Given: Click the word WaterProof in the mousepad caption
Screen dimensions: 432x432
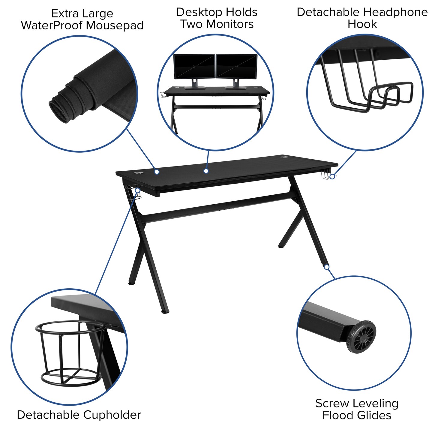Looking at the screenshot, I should click(x=51, y=25).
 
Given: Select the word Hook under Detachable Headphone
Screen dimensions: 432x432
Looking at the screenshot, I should click(x=362, y=24).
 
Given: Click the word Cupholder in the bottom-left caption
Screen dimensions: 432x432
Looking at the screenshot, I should click(x=112, y=415).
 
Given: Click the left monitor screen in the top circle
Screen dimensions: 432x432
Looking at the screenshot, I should click(x=194, y=67).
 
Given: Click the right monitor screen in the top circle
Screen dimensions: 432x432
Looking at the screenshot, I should click(x=236, y=67).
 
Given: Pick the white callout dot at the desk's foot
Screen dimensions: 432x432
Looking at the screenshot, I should click(x=327, y=267).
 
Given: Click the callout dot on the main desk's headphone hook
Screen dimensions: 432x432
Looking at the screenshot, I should click(x=332, y=176).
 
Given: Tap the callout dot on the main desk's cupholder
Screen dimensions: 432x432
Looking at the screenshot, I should click(x=137, y=190).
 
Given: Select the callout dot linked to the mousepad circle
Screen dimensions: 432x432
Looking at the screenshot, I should click(x=157, y=172).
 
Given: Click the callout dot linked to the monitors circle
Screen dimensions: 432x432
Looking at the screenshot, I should click(x=206, y=171).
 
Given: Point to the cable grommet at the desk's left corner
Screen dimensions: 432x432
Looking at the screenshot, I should click(x=139, y=173).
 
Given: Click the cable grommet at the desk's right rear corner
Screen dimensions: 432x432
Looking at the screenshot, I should click(x=283, y=157).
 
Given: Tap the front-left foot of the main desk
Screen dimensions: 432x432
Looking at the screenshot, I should click(x=165, y=311).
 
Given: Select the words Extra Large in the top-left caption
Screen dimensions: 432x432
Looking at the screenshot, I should click(x=82, y=13).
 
